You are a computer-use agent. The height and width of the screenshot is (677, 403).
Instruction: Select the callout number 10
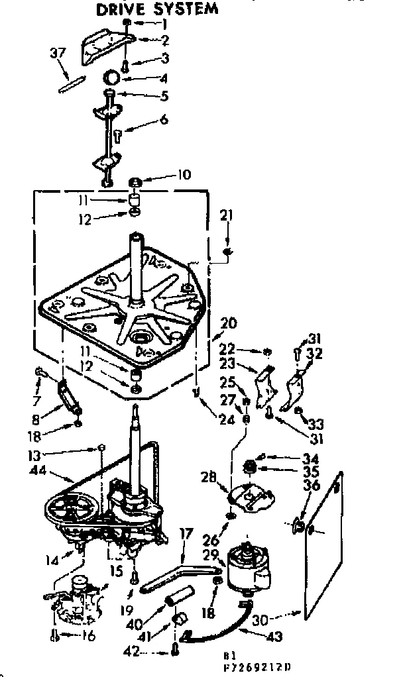click(x=183, y=175)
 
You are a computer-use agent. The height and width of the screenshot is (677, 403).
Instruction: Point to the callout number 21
click(x=227, y=215)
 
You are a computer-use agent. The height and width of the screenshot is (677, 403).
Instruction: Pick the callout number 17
click(x=186, y=533)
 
